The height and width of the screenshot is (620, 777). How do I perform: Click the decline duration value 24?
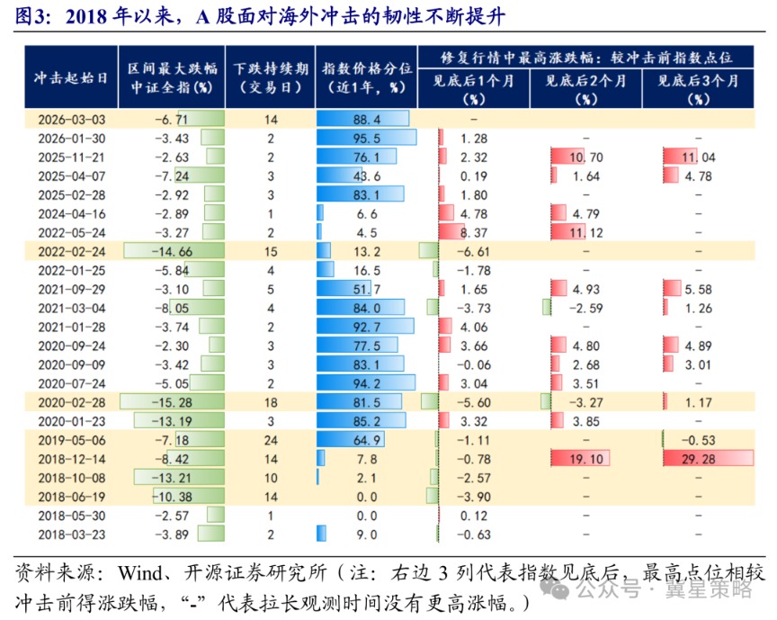tap(269, 440)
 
